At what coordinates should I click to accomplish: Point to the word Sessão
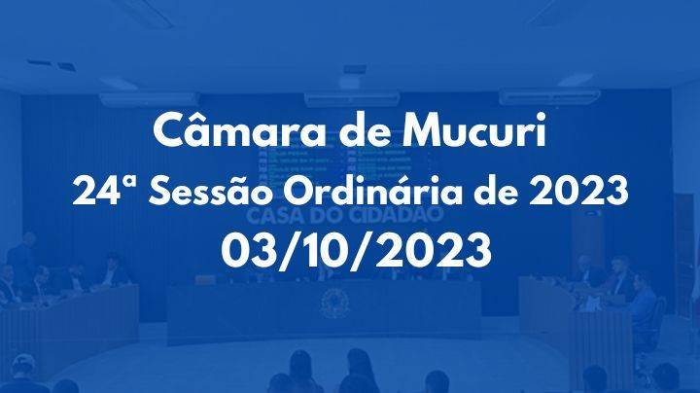point(207,192)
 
